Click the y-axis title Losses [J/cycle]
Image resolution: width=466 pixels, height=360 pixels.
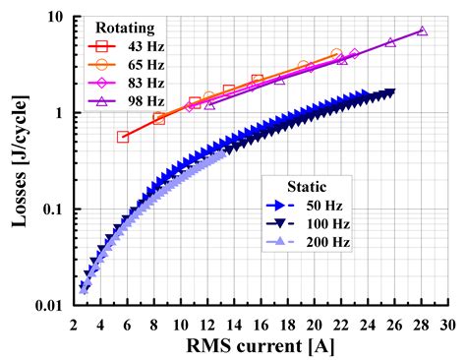(x=20, y=159)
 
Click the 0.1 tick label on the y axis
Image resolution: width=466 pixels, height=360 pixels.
(x=54, y=210)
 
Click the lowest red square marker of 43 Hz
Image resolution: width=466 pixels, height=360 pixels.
(x=123, y=137)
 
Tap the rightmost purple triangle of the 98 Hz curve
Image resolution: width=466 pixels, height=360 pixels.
(x=422, y=31)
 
